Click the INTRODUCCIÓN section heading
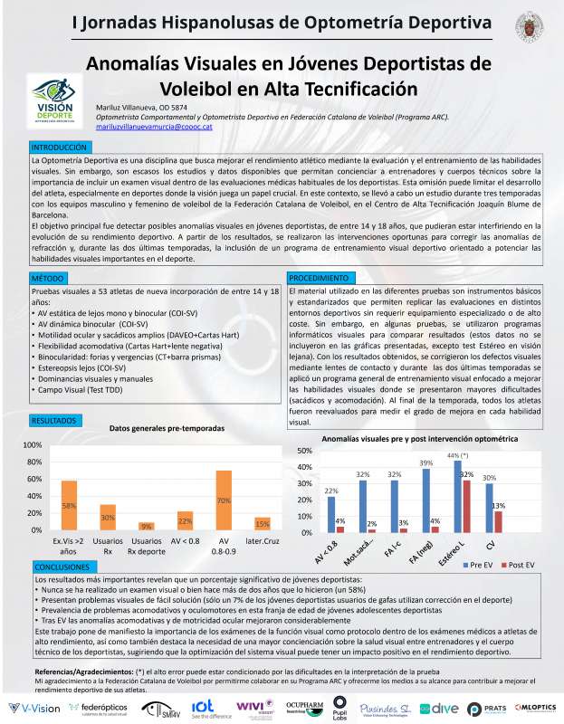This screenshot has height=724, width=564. pos(59,146)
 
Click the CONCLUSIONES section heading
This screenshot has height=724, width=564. pos(64,565)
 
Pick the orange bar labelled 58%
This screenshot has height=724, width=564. pos(69,505)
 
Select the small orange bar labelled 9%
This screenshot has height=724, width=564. pos(146,526)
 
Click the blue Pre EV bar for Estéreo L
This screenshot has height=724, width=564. pos(457,497)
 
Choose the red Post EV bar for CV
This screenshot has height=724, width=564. pos(498,521)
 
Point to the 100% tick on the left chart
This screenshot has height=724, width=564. pos(31,445)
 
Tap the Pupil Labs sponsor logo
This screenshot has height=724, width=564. pos(340,704)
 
